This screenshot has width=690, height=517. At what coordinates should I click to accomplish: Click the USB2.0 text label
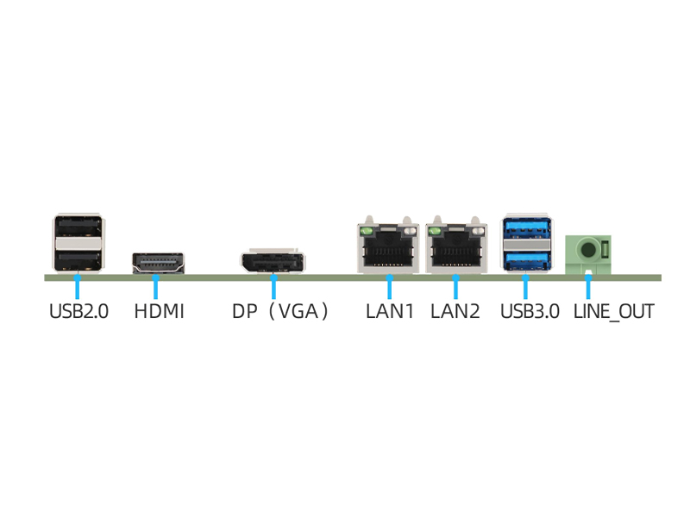point(78,311)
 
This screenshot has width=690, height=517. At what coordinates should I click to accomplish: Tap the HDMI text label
point(159,311)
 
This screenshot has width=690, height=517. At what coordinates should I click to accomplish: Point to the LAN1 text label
point(390,311)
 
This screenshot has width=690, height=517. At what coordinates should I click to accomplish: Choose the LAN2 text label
point(455,311)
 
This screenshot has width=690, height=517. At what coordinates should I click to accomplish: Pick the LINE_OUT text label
point(613,311)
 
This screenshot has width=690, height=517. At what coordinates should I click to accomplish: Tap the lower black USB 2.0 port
point(78,257)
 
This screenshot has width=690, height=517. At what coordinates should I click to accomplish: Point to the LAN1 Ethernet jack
point(389,250)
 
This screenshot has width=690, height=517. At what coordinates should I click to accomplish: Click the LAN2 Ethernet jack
point(454,250)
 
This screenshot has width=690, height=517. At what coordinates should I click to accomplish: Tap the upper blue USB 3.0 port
point(524,229)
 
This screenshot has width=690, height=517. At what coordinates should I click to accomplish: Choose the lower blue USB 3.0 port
point(524,258)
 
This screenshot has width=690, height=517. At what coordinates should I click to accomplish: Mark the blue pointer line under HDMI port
point(156,287)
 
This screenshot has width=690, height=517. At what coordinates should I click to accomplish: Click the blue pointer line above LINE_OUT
point(589,286)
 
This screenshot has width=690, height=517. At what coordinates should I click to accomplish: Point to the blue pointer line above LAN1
point(390,287)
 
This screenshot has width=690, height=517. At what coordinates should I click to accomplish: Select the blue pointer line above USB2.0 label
point(78,287)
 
